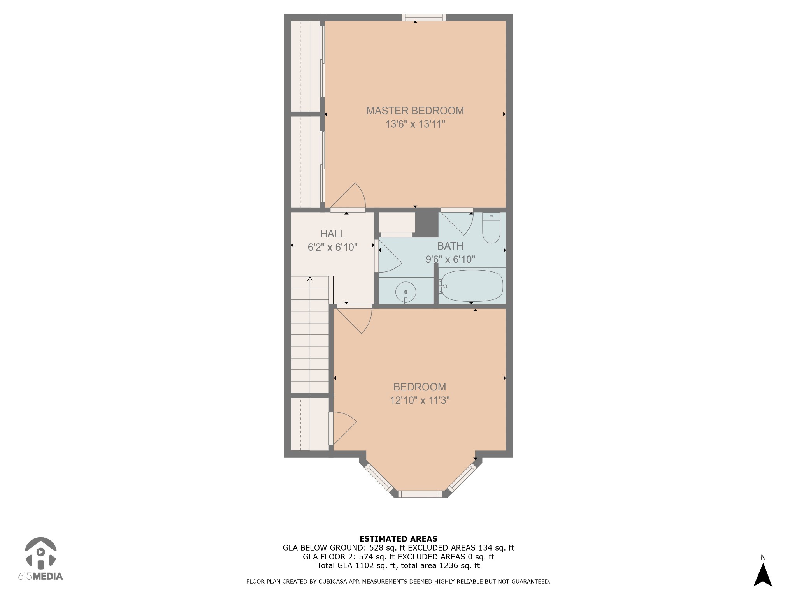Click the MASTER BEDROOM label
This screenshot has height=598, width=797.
[x=415, y=111]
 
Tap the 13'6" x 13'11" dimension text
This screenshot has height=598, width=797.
[x=415, y=124]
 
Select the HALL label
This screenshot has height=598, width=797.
[x=332, y=234]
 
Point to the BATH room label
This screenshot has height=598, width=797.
[x=450, y=246]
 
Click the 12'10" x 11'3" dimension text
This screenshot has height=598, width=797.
[x=420, y=400]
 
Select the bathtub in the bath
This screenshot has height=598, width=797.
[x=472, y=286]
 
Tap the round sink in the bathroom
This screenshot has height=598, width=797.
[x=406, y=292]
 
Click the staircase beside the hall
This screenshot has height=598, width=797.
[x=310, y=335]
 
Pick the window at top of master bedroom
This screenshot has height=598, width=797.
[x=423, y=17]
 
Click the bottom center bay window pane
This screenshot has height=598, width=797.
[x=420, y=494]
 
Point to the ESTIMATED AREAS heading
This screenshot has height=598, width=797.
[x=398, y=539]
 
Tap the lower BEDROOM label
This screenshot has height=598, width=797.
[x=420, y=387]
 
